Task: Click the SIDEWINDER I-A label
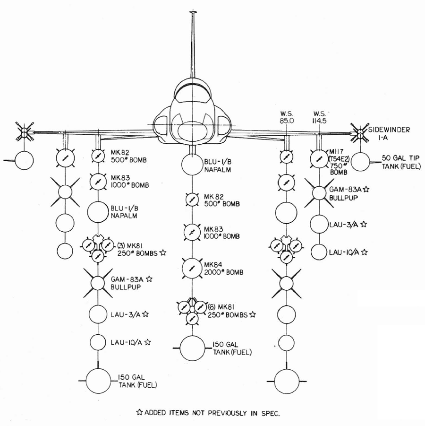click(389, 133)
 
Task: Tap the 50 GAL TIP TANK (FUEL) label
click(401, 162)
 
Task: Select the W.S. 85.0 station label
click(287, 117)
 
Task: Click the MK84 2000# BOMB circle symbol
click(192, 269)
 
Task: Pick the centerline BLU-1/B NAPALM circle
click(192, 165)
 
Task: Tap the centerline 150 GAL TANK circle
click(192, 348)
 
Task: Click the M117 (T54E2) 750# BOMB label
click(339, 161)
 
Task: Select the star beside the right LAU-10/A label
click(365, 252)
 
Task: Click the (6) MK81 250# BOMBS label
click(231, 311)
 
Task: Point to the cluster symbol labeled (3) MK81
click(98, 248)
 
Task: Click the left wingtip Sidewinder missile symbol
click(24, 132)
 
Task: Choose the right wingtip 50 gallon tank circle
click(360, 162)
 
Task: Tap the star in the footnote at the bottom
click(139, 412)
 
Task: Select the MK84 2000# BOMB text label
click(223, 269)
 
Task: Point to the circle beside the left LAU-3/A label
click(98, 314)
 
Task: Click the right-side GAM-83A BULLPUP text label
click(349, 193)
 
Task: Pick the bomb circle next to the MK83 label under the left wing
click(98, 182)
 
